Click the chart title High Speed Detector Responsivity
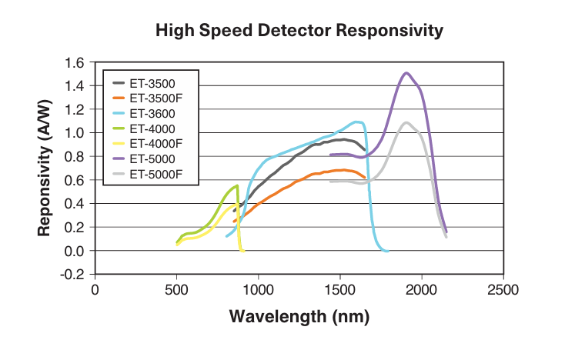[299, 31]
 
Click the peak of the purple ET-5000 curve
[406, 73]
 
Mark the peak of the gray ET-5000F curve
[406, 122]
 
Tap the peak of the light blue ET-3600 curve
[356, 122]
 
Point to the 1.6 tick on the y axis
[74, 62]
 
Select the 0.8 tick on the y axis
[74, 157]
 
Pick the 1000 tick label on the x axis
[258, 289]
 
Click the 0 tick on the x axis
[95, 289]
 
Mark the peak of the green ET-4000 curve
[236, 186]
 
